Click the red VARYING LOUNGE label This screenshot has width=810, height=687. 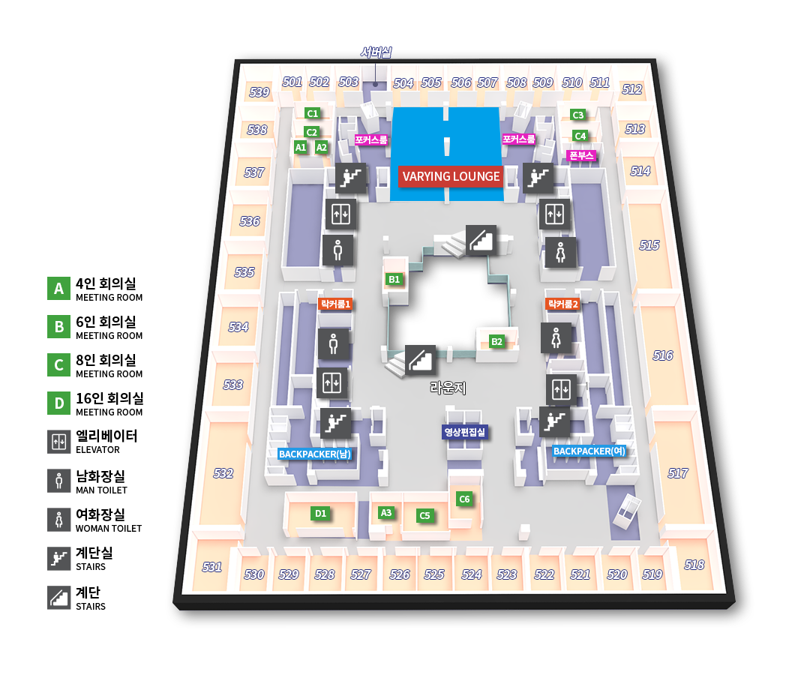tap(451, 177)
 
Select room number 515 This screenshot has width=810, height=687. tap(649, 245)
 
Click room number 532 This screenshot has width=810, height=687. tap(223, 473)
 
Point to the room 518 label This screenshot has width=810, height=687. tap(694, 564)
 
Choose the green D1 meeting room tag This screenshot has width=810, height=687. tap(321, 514)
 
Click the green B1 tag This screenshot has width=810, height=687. tap(394, 279)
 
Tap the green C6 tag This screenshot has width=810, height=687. tap(464, 499)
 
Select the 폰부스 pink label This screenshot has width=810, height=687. tap(581, 156)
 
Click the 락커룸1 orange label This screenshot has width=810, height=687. tap(335, 304)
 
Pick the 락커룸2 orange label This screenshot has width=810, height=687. tap(562, 304)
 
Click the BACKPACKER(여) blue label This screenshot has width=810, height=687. tap(589, 451)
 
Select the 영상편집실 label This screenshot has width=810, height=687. tap(465, 432)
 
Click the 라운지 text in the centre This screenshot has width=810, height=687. tap(448, 388)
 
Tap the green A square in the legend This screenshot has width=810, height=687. tap(58, 288)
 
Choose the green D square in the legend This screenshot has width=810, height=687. tap(58, 403)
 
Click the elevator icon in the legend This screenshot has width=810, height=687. tap(58, 442)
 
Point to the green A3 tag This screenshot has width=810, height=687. tap(386, 513)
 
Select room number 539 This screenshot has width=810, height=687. tap(259, 92)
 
